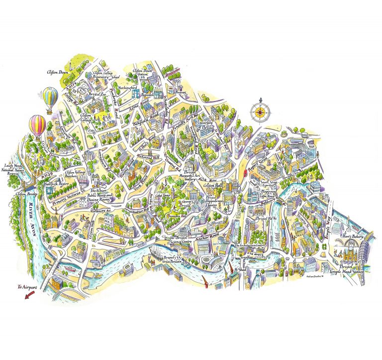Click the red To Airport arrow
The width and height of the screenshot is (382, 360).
(x=30, y=294)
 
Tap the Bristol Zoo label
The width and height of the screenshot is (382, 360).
(x=97, y=94)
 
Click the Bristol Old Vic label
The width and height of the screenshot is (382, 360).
(x=266, y=219)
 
